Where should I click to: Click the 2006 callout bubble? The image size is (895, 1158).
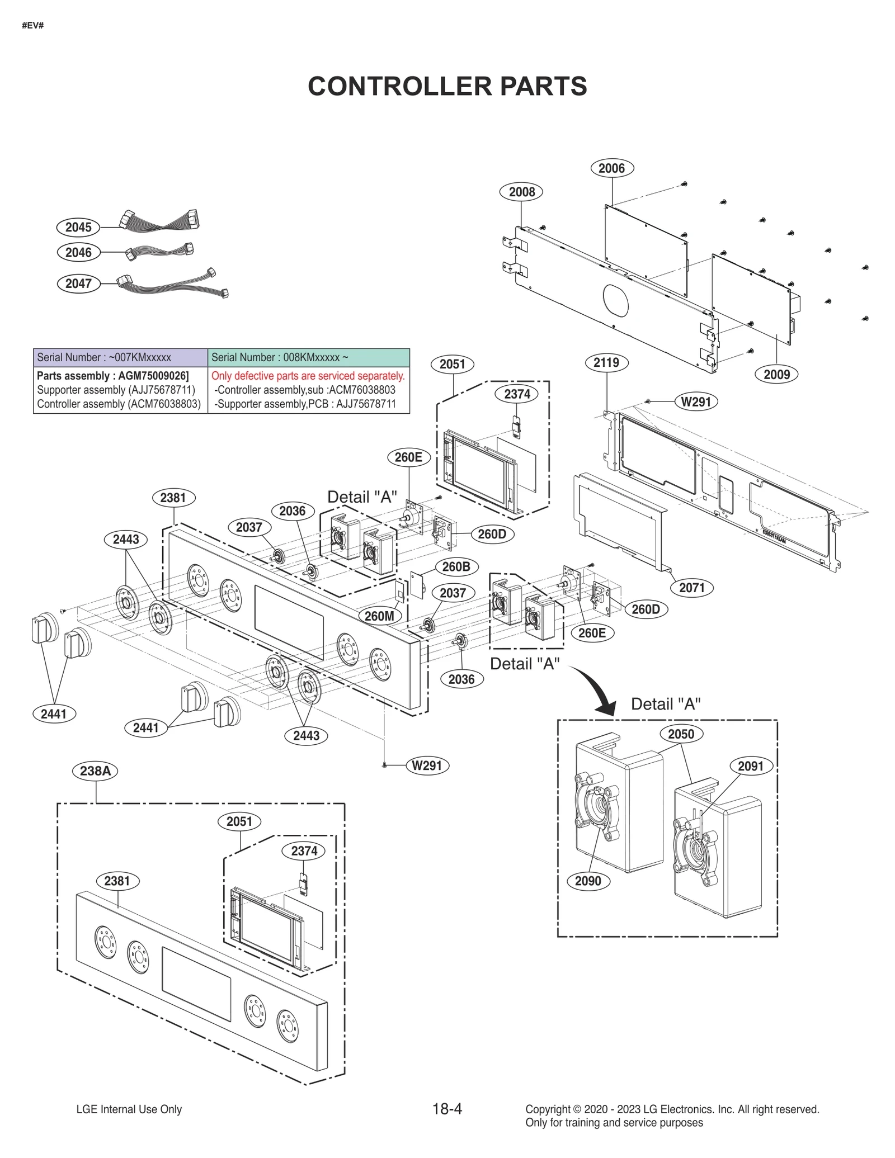point(611,168)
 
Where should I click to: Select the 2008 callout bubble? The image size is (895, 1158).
point(521,192)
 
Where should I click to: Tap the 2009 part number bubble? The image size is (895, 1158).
point(776,374)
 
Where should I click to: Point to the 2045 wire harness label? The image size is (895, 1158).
point(78,227)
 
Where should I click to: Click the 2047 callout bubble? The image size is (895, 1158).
point(78,283)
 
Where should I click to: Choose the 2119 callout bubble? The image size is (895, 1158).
point(606,362)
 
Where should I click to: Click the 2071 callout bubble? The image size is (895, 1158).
point(691,587)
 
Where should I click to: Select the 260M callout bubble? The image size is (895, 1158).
point(379,616)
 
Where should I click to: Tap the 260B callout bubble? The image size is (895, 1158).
point(456,566)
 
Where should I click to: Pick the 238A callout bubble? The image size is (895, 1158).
point(95,771)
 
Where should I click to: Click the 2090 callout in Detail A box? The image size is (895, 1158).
point(588,881)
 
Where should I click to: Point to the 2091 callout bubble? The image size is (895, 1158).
point(751,766)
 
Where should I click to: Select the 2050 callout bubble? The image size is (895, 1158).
point(681,734)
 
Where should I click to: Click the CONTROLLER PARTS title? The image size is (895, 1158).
point(447,86)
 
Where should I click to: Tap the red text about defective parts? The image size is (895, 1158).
point(308,376)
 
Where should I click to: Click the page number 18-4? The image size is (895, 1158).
point(447,1109)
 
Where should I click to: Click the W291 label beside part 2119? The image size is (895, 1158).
point(695,401)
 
